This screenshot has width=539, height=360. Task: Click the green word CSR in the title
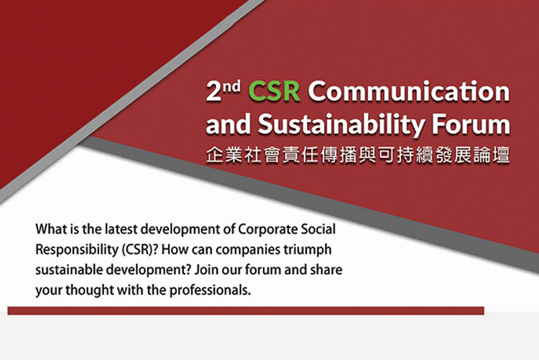(274, 91)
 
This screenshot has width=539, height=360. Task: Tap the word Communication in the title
(409, 91)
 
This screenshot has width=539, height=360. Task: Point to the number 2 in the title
(213, 91)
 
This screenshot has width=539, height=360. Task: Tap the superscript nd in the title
(231, 87)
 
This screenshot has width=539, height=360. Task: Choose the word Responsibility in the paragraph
(77, 250)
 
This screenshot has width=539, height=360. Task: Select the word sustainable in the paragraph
(69, 270)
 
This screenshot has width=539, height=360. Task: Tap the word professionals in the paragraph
(210, 290)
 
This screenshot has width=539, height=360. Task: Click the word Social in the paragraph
(318, 229)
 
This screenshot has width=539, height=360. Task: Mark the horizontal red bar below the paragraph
(246, 311)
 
